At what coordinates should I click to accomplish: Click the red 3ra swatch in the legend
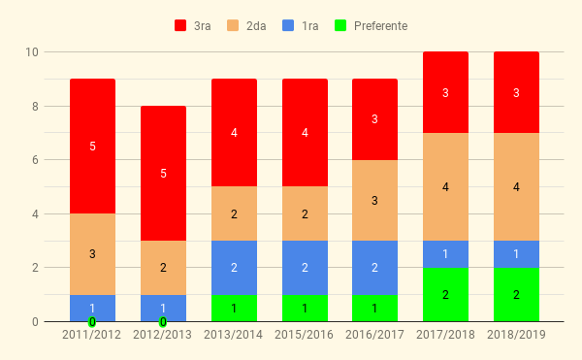click(180, 25)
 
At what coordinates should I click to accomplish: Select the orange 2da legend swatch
click(233, 25)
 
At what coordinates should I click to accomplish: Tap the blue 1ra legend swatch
click(288, 25)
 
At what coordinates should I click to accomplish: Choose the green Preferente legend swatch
click(340, 25)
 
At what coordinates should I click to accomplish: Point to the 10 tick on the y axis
click(32, 52)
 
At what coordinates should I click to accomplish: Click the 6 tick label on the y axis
click(35, 160)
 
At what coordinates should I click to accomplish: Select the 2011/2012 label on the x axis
click(92, 335)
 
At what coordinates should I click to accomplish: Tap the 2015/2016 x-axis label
click(304, 335)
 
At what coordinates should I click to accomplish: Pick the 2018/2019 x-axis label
click(516, 335)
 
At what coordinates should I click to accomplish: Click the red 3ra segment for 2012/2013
click(163, 174)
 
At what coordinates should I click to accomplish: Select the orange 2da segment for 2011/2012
click(92, 254)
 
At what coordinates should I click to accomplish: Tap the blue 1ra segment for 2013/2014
click(234, 268)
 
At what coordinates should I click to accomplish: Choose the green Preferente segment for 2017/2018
click(446, 295)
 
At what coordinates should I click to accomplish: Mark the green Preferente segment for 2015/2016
click(306, 308)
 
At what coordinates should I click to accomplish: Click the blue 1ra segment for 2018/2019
click(516, 254)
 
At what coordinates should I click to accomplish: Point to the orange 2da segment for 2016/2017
click(374, 201)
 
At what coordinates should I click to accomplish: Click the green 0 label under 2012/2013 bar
click(163, 322)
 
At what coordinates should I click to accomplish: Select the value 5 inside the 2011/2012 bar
click(92, 147)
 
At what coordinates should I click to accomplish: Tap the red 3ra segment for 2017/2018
click(446, 92)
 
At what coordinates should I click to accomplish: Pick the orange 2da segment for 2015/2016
click(306, 213)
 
